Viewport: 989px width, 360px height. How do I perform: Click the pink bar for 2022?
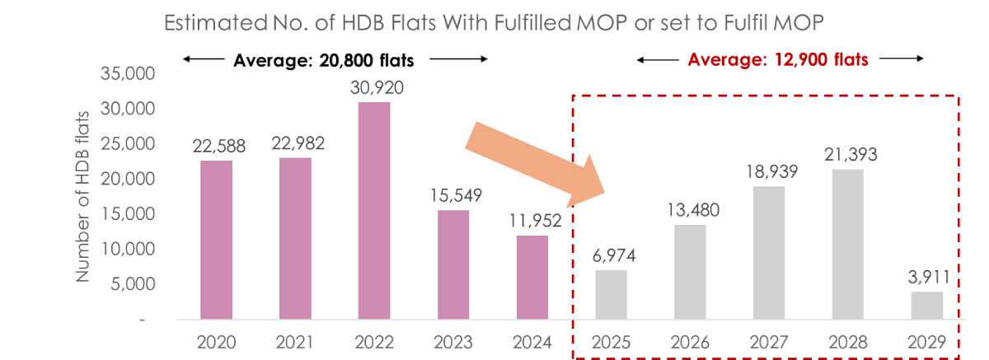(374, 210)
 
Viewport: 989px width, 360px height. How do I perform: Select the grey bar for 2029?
(926, 305)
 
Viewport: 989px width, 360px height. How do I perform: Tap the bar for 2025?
(611, 294)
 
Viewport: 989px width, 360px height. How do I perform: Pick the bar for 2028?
(847, 244)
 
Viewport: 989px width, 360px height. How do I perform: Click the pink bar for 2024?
(532, 277)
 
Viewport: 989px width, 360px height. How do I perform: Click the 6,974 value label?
(611, 255)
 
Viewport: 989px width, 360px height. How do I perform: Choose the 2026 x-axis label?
(689, 341)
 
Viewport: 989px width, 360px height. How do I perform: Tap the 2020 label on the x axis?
(217, 341)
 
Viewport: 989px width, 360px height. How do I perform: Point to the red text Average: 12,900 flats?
(778, 60)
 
